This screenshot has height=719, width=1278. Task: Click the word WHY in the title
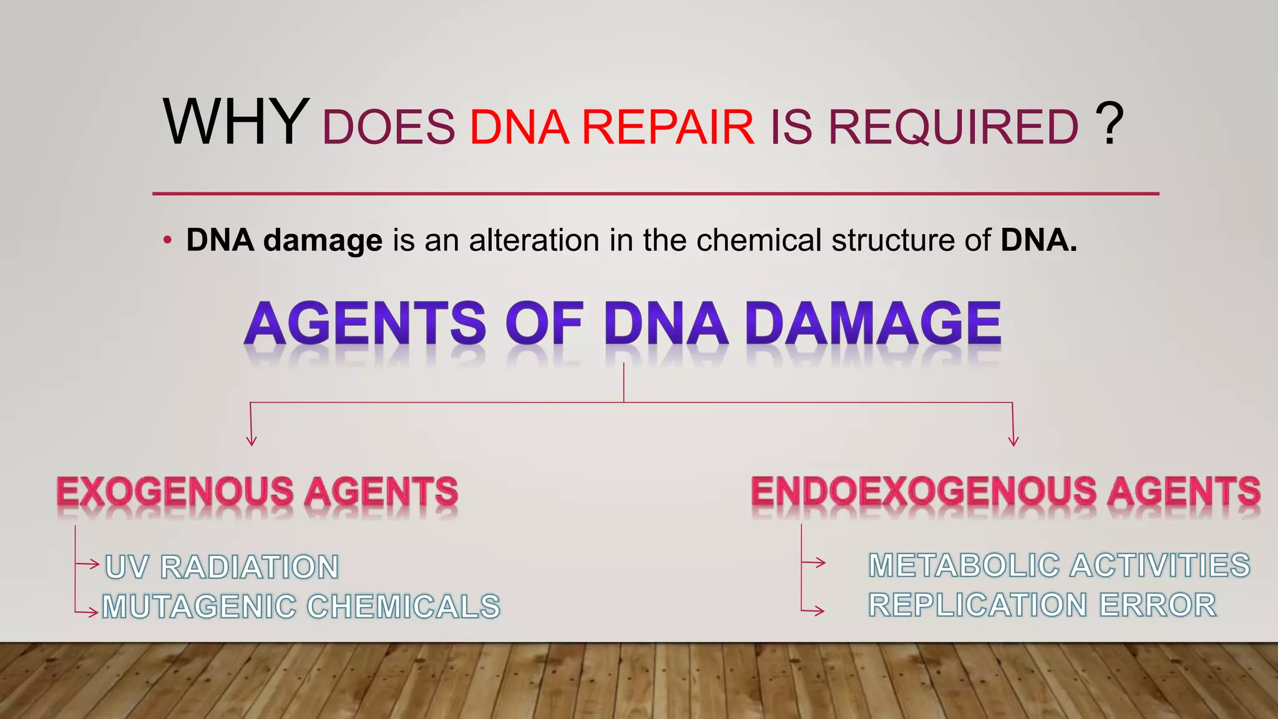[x=236, y=122]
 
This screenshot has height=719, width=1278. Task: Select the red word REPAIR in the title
[x=668, y=127]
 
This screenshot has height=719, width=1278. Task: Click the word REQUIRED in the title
[x=953, y=127]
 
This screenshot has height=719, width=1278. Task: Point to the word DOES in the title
[x=388, y=127]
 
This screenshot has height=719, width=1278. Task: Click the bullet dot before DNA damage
[x=167, y=241]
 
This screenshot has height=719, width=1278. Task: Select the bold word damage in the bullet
[x=323, y=241]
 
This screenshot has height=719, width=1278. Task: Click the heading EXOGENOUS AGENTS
[x=257, y=491]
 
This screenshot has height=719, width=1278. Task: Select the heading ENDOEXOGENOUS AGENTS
[x=1005, y=491]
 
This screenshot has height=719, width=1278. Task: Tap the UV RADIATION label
[x=222, y=567]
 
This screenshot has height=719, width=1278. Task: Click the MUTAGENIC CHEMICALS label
[x=301, y=607]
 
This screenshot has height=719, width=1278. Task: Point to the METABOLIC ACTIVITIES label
[x=1059, y=565]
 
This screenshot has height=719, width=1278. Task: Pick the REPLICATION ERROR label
[x=1042, y=605]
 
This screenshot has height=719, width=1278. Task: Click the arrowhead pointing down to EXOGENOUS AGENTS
[x=251, y=441]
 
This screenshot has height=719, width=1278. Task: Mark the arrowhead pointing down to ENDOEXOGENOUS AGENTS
[x=1013, y=441]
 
